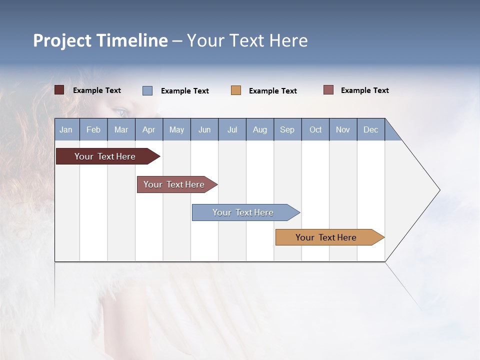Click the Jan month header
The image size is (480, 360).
(x=66, y=129)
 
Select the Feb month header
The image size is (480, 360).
(x=93, y=129)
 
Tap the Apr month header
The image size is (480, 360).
(x=149, y=129)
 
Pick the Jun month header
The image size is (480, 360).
(x=204, y=129)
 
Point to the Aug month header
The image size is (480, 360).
(x=260, y=129)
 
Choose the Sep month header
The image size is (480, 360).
(x=287, y=129)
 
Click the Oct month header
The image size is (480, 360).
(x=315, y=129)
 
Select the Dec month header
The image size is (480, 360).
(x=371, y=129)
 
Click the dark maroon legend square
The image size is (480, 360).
(x=59, y=90)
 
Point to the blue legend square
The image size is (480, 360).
(x=147, y=90)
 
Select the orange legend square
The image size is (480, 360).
(x=236, y=90)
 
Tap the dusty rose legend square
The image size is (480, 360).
(x=328, y=90)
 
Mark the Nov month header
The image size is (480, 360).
(x=343, y=129)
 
